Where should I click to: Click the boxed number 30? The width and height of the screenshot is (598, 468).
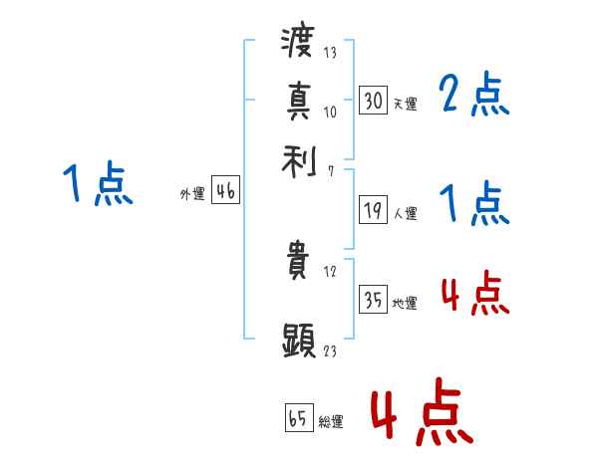(373, 101)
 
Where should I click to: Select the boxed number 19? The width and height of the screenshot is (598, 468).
(373, 210)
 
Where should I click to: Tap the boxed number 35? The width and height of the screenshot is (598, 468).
(373, 301)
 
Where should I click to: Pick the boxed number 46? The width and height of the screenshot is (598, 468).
(225, 192)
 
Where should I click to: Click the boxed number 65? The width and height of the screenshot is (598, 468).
(298, 417)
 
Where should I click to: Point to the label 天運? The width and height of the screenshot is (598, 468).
(405, 104)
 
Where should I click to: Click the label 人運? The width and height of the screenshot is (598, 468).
(405, 213)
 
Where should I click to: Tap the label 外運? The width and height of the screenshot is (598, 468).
(192, 195)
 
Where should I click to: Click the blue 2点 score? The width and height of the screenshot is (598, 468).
(473, 96)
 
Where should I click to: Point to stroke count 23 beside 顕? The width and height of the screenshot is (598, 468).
(329, 351)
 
